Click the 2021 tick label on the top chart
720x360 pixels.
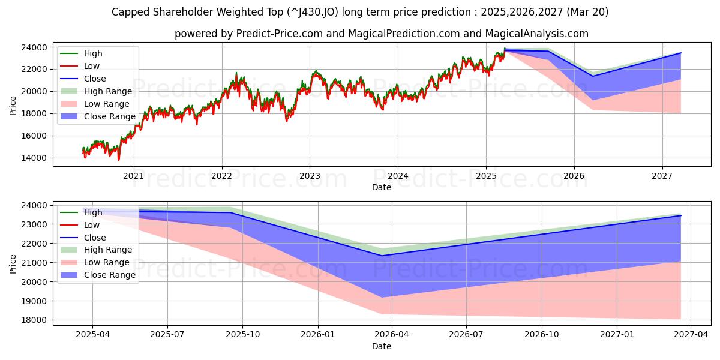pyautogui.click(x=133, y=176)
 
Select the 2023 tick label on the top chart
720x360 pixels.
pyautogui.click(x=310, y=176)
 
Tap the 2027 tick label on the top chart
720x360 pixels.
pyautogui.click(x=662, y=176)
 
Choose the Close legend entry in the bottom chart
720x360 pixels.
pyautogui.click(x=95, y=238)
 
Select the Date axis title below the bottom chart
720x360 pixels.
pyautogui.click(x=381, y=346)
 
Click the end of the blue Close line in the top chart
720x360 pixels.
pyautogui.click(x=681, y=53)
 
